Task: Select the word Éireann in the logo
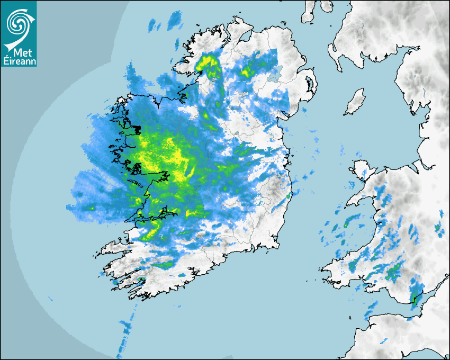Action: click(19, 61)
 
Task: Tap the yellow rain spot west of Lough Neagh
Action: click(246, 71)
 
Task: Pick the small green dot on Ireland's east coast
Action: click(289, 196)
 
